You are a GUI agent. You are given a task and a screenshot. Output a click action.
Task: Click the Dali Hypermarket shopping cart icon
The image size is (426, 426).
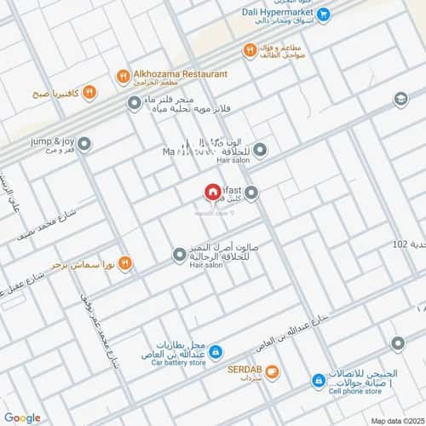pos(323,14)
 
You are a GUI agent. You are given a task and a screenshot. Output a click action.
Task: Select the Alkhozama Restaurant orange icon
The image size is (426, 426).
pos(124,76)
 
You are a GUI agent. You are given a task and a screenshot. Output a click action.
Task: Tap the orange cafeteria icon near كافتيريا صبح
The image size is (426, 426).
pos(89,92)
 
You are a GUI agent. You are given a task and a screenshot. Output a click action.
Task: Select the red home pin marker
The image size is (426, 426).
pos(211,194)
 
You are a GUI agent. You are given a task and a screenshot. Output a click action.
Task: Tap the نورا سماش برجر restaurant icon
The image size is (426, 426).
pos(124,263)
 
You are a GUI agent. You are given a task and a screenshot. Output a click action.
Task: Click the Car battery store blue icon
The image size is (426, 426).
pos(216,351)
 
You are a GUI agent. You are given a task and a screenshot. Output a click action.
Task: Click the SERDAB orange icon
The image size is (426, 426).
pos(272,371)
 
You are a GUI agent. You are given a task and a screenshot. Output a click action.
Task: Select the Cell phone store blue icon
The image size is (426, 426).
pos(318,381)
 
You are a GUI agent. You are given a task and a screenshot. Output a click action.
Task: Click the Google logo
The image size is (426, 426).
pos(23,417)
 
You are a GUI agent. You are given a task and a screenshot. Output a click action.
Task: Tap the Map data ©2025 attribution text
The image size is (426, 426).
pos(397,420)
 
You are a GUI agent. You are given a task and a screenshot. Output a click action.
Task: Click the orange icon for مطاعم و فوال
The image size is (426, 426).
pos(249,50)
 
